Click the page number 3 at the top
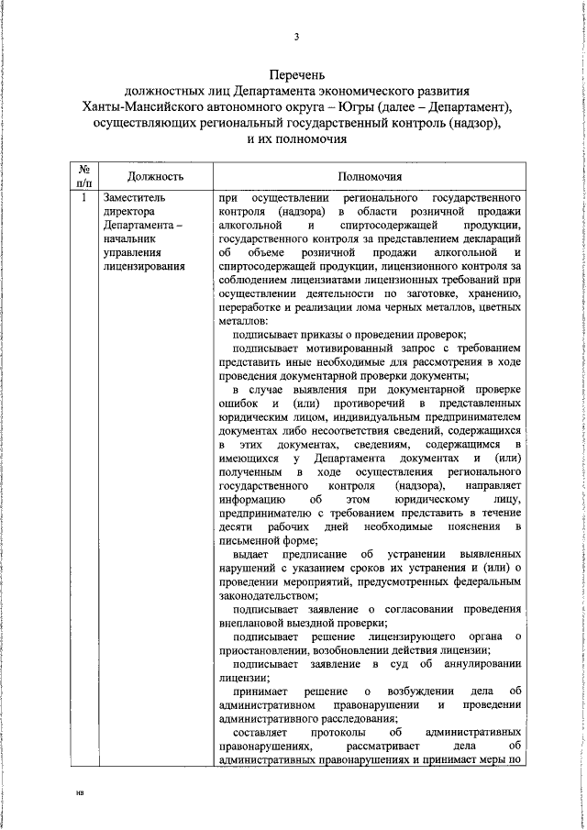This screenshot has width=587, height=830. pyautogui.click(x=295, y=37)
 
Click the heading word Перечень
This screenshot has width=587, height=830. pyautogui.click(x=296, y=75)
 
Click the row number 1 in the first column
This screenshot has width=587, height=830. pyautogui.click(x=83, y=197)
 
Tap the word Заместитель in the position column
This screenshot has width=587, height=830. pyautogui.click(x=135, y=197)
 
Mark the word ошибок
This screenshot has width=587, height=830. pyautogui.click(x=241, y=404)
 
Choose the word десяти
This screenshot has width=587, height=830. pyautogui.click(x=236, y=528)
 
